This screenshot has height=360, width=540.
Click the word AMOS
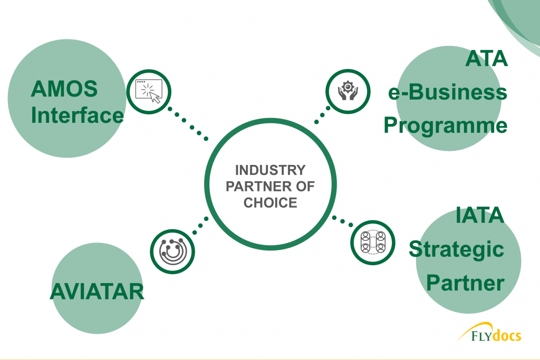[64, 89]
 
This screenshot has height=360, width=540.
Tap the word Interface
[77, 115]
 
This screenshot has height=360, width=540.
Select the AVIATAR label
[97, 292]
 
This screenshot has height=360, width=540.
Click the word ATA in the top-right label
[486, 59]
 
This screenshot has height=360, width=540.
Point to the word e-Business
[448, 92]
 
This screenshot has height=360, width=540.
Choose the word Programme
[446, 125]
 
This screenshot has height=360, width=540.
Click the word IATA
[480, 216]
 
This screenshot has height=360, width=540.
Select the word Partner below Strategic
[465, 283]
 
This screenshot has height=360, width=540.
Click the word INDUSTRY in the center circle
[271, 170]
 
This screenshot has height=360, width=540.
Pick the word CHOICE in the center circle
[271, 203]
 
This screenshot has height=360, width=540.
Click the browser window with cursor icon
[149, 91]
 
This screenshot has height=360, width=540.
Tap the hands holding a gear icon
[348, 91]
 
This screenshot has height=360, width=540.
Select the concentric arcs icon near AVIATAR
[173, 251]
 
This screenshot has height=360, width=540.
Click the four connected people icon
[373, 242]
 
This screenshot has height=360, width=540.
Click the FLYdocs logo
[489, 332]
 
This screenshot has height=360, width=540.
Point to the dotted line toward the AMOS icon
[188, 124]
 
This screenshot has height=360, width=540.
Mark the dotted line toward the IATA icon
[342, 221]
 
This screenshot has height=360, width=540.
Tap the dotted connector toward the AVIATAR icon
[200, 226]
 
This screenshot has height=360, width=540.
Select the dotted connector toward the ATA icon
[322, 115]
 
